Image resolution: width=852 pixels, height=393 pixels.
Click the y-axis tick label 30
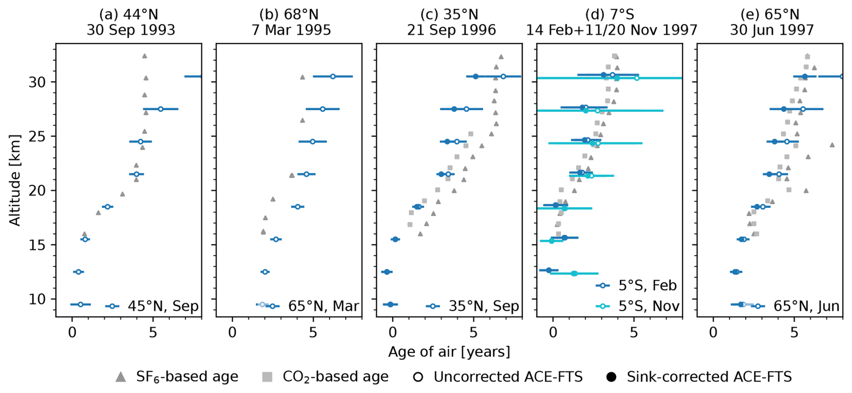[38, 82]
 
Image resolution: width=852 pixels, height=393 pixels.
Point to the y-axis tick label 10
[38, 299]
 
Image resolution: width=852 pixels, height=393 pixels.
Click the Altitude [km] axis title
[15, 180]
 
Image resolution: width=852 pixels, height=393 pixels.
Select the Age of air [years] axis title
[449, 352]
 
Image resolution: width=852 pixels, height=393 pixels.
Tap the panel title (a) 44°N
[128, 14]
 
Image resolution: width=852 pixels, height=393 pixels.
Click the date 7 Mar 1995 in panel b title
[291, 30]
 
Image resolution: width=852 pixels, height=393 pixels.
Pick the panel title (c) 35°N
[449, 14]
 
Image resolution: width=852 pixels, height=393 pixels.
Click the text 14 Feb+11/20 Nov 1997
[612, 30]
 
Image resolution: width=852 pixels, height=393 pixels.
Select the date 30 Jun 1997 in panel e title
[772, 30]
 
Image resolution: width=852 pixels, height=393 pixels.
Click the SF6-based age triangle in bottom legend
[121, 377]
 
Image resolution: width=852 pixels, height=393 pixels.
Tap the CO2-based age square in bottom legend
[267, 377]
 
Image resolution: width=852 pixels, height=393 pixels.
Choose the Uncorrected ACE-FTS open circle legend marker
[418, 377]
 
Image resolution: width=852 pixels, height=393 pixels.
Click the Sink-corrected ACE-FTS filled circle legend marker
[611, 377]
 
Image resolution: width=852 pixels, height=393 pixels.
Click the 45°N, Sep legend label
[163, 306]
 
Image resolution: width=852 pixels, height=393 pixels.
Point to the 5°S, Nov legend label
[648, 306]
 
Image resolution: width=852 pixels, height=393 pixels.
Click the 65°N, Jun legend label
[806, 306]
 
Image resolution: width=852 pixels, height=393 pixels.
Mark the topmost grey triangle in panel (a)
[145, 56]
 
